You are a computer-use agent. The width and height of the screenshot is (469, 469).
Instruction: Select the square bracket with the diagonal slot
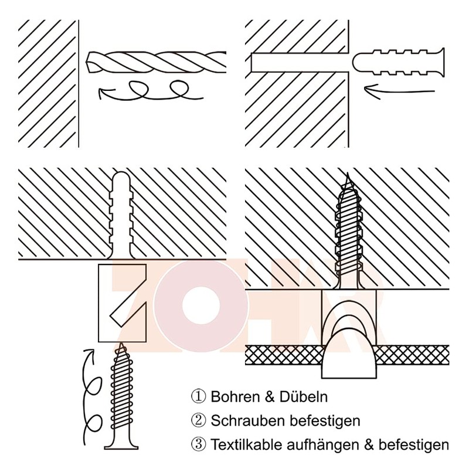pos(121,303)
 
